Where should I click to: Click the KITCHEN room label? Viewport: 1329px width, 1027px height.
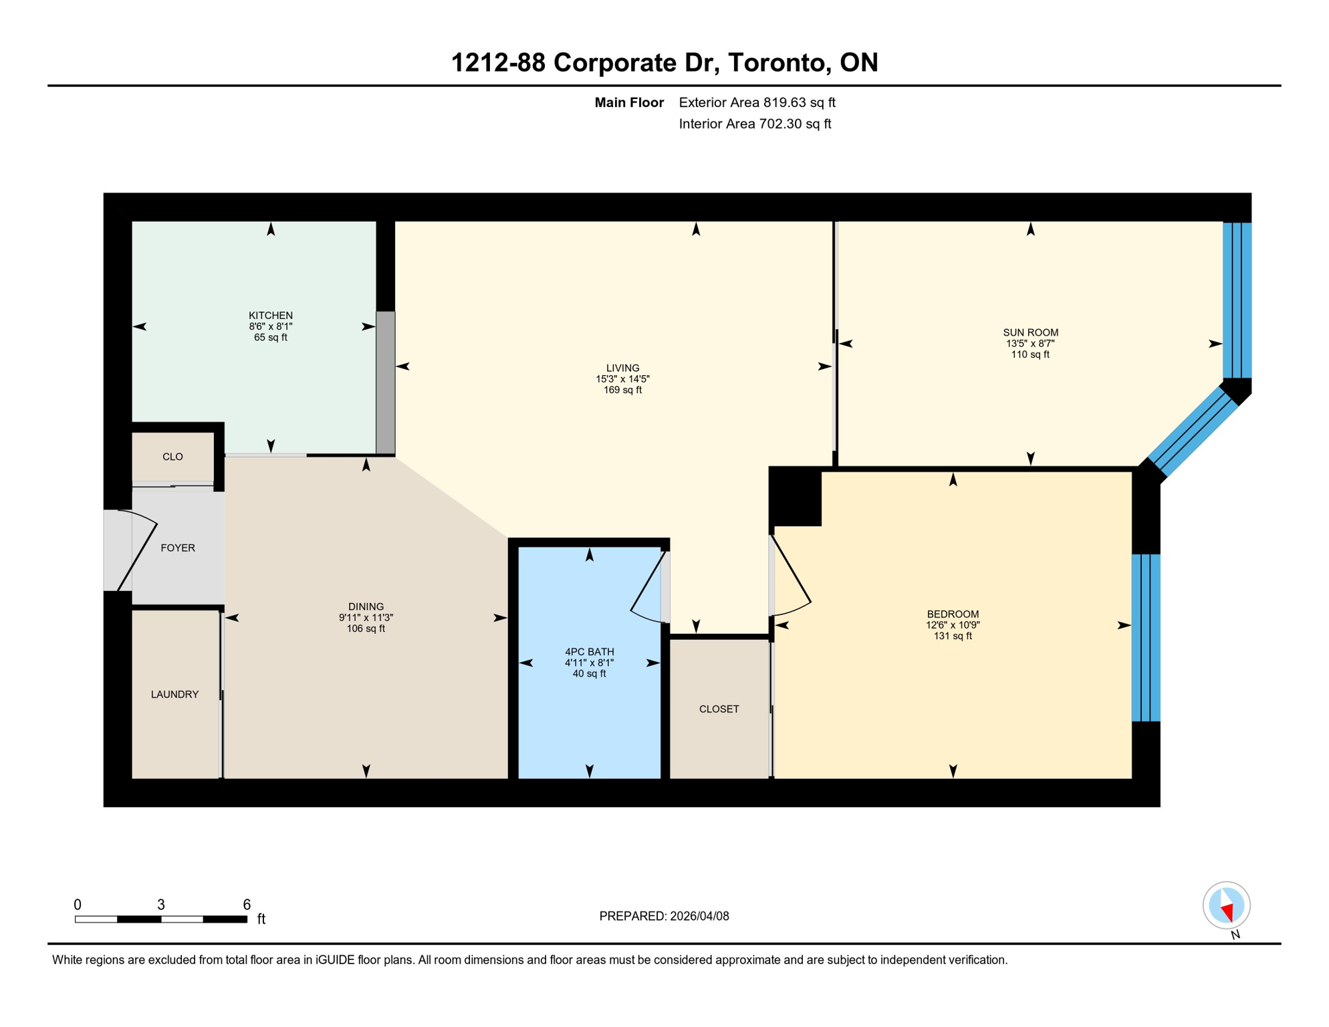[270, 315]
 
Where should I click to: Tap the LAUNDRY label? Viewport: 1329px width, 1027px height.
[174, 694]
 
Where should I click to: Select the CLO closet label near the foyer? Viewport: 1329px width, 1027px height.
[172, 457]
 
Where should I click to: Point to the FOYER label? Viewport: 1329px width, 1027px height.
[178, 548]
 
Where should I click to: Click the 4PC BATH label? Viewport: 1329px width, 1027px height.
[589, 651]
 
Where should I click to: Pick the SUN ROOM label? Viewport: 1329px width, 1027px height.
[1030, 332]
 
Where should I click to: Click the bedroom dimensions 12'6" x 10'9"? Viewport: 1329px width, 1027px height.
[952, 625]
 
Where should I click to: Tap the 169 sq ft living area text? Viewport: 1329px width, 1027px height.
[622, 390]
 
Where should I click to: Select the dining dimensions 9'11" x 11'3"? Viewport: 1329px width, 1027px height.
[366, 618]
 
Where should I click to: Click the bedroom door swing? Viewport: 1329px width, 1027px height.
[792, 578]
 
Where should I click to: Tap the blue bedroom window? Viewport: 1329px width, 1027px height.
[1145, 637]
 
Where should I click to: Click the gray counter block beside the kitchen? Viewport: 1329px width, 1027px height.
[385, 382]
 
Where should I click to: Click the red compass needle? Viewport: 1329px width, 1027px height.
[1227, 912]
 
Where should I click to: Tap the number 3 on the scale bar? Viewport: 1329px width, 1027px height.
[161, 905]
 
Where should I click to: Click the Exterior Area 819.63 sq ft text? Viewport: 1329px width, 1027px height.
[757, 102]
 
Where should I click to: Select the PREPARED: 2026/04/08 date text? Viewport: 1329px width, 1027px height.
[664, 916]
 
